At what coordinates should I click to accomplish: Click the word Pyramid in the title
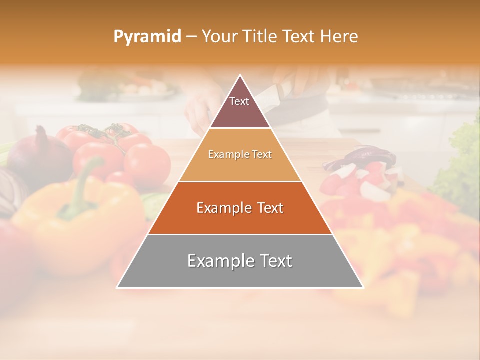[x=147, y=37]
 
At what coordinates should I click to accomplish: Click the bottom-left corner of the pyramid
[x=118, y=287]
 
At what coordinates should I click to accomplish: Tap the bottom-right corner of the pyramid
[x=362, y=287]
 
